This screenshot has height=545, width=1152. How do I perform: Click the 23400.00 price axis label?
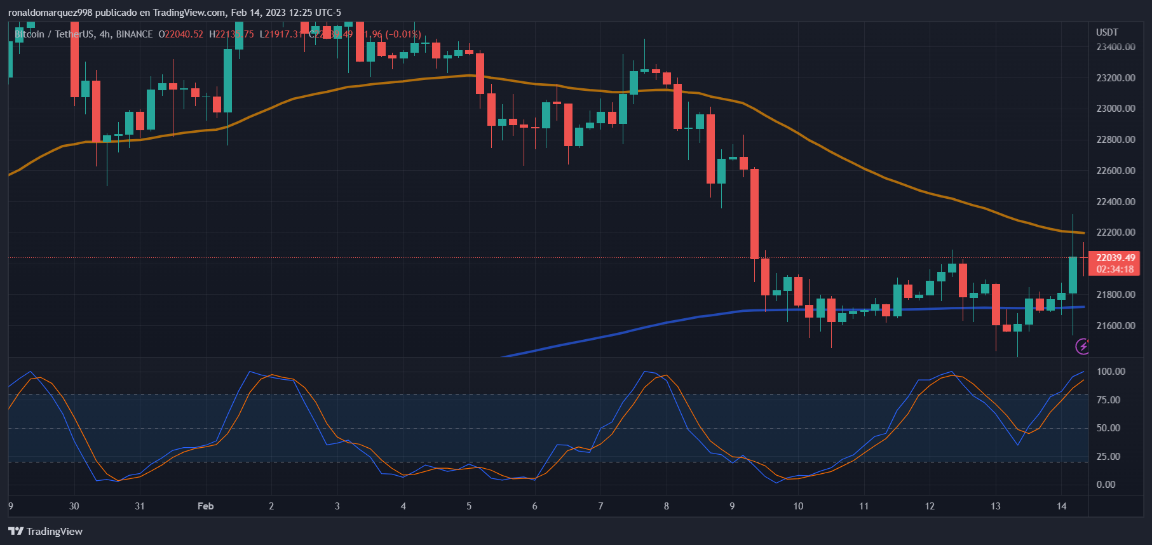[x=1115, y=47]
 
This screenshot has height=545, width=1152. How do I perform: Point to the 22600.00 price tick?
[x=1115, y=171]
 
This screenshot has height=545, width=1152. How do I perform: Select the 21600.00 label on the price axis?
[x=1115, y=326]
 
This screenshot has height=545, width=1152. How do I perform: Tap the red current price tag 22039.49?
[x=1115, y=258]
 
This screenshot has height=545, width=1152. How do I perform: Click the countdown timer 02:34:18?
[x=1115, y=269]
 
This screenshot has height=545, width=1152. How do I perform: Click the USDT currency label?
[x=1107, y=32]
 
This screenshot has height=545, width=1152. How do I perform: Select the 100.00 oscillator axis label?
[x=1111, y=372]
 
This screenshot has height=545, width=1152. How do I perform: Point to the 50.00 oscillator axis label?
[x=1108, y=428]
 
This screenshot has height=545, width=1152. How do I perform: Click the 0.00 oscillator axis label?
[x=1106, y=485]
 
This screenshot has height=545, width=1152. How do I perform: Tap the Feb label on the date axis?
[x=205, y=506]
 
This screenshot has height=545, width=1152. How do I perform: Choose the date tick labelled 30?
[x=74, y=506]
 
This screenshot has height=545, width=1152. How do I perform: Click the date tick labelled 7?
[x=600, y=506]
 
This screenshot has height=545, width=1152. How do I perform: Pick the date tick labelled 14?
[x=1061, y=506]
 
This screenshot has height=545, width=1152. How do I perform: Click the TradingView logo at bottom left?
[x=46, y=532]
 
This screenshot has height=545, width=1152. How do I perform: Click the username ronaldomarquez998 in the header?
[x=50, y=13]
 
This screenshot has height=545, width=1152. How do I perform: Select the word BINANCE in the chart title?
[x=134, y=34]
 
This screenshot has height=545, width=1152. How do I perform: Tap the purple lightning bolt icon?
[x=1082, y=346]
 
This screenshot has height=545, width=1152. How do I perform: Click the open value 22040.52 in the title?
[x=184, y=34]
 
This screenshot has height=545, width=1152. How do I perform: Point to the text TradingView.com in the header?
[x=189, y=13]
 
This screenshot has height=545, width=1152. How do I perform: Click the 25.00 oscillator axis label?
[x=1108, y=457]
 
